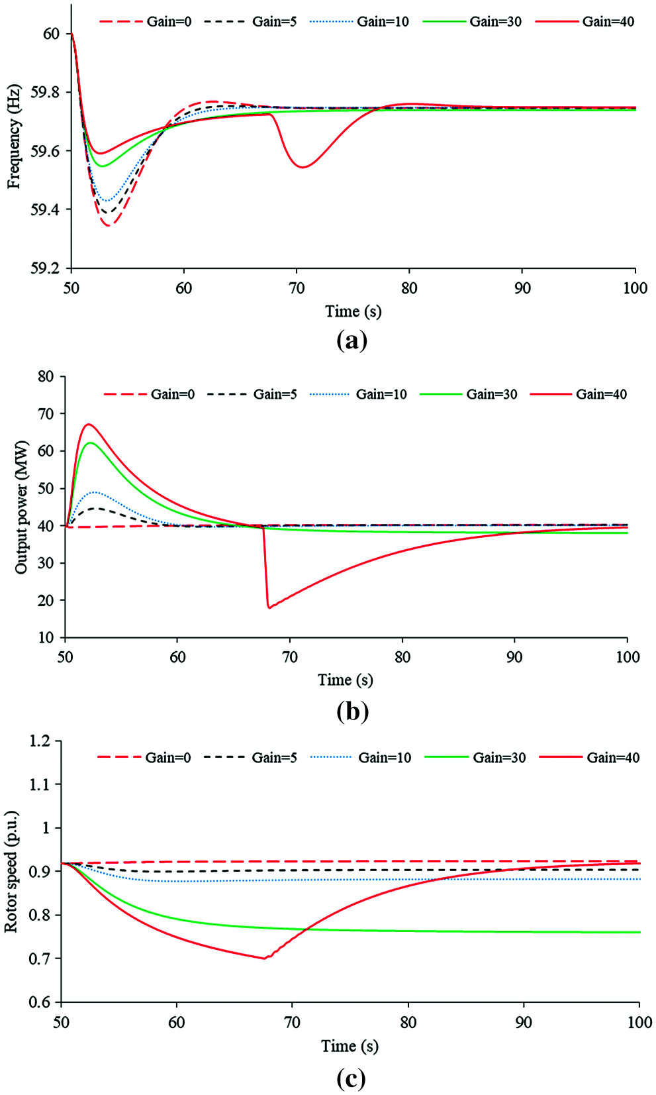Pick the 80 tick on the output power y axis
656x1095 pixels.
(46, 377)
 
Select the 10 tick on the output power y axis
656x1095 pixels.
(46, 638)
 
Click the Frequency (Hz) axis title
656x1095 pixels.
(15, 136)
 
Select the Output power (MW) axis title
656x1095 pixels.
(22, 507)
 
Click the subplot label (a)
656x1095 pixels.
(351, 341)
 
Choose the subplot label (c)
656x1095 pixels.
(351, 1078)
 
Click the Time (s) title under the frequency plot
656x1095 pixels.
(353, 311)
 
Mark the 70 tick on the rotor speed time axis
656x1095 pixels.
(292, 1022)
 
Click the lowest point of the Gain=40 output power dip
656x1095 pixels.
(269, 607)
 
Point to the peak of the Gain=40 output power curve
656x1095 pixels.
(88, 424)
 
